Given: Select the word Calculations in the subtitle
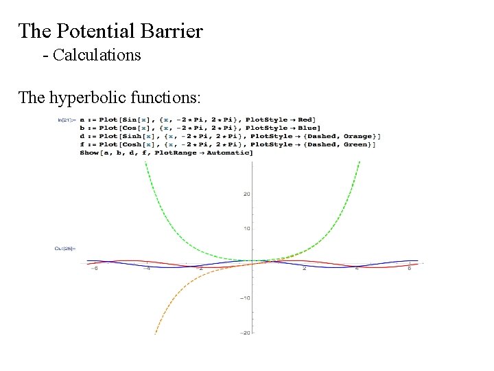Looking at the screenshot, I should click(x=97, y=55).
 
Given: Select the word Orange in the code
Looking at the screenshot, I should click(x=361, y=136).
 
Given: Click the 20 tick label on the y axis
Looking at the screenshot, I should click(x=246, y=194).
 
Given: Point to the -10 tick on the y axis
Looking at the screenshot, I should click(x=245, y=297).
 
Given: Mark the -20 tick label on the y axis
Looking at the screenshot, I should click(x=245, y=333).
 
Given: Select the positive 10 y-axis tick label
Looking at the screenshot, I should click(x=246, y=228).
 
